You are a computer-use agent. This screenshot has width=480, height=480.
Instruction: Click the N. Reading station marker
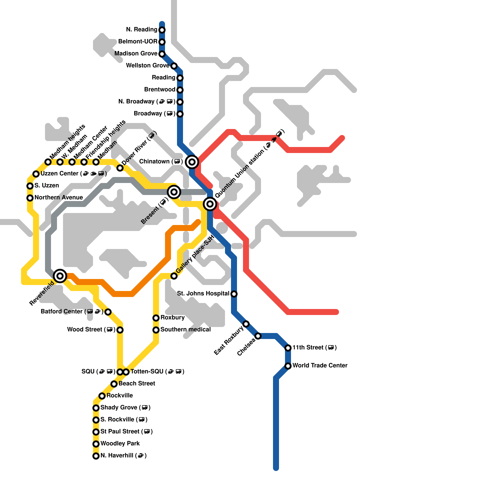coord(162,30)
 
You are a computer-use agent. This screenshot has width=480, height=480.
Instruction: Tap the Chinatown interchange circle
coord(192,162)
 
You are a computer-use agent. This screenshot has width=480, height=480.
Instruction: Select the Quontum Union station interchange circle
coord(210,204)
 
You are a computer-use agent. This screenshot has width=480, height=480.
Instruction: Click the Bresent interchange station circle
coord(174,192)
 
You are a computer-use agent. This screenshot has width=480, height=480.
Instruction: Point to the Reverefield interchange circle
coord(60,276)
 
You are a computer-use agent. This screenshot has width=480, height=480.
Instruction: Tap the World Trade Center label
coord(320,365)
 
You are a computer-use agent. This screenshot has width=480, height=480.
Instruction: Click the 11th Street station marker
coord(288,348)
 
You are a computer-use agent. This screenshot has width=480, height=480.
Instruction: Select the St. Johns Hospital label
coord(203,293)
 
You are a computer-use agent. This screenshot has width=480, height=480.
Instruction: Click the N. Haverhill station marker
coord(96,456)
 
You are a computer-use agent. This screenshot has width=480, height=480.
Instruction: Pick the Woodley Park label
coord(120,443)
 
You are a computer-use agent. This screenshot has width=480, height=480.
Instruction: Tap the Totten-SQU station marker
coord(126,372)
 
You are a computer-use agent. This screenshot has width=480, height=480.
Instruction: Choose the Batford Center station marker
coord(108,312)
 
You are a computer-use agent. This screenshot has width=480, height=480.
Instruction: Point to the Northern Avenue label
coord(58,197)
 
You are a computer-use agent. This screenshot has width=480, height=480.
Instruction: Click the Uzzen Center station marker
coord(36,174)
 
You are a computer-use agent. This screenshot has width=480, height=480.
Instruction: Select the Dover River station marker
coord(120,168)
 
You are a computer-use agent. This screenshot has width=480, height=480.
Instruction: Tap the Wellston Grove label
coord(148,65)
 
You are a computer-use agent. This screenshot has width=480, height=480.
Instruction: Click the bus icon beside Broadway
coord(169,114)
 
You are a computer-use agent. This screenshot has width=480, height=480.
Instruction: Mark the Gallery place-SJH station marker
coord(174,276)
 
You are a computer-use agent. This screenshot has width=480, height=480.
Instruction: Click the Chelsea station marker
coord(258,336)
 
